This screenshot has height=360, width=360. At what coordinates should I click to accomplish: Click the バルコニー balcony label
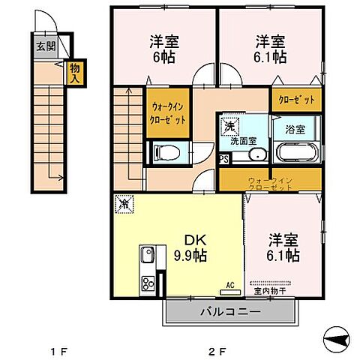229,311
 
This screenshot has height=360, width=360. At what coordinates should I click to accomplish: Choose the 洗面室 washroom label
244,140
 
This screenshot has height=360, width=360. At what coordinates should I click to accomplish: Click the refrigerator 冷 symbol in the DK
124,203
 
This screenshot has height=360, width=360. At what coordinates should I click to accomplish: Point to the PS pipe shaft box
223,159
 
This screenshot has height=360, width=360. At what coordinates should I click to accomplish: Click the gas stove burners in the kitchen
147,283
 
